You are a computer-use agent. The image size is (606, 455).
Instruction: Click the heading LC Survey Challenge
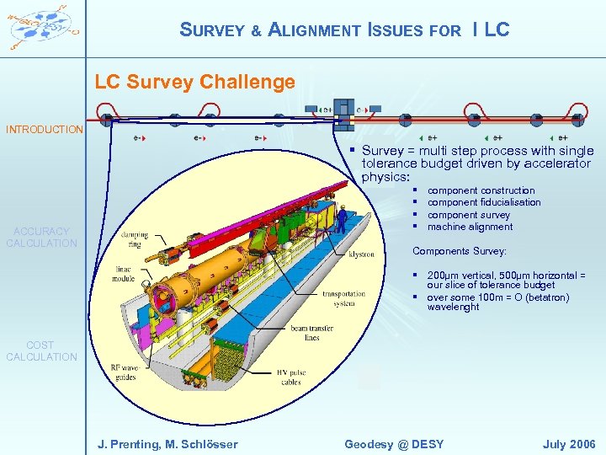(194, 82)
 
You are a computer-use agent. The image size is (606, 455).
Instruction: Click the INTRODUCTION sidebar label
(45, 130)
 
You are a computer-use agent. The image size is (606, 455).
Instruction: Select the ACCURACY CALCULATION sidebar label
(41, 237)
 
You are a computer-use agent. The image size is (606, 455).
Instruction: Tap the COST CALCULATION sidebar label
(41, 351)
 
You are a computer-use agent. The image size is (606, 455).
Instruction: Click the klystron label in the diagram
(362, 254)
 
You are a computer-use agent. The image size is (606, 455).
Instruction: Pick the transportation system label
(344, 299)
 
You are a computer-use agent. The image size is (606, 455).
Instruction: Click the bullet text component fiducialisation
(484, 202)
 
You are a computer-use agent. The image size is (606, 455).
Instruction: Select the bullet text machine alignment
(470, 227)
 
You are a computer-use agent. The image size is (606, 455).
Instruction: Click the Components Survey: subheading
(460, 251)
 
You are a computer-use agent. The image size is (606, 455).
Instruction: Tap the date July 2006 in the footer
(570, 444)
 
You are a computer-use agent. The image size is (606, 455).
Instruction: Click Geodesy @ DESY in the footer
(394, 444)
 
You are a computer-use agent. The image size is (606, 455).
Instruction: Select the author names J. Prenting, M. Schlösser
(167, 444)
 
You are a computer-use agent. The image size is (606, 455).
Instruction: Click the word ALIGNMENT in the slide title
(314, 30)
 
